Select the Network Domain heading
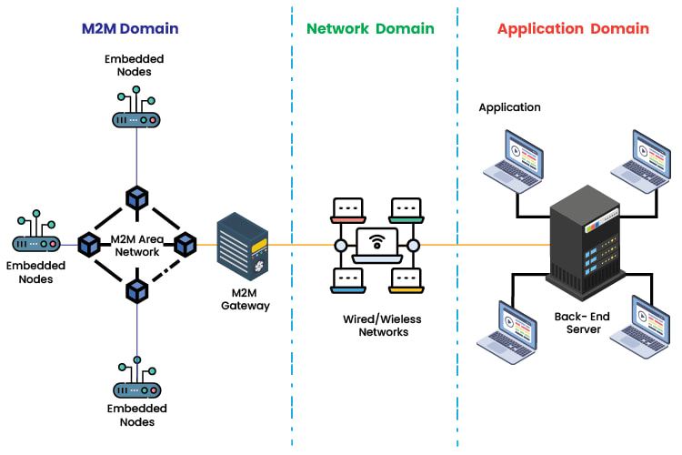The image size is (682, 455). pyautogui.click(x=370, y=28)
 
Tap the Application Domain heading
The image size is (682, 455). pyautogui.click(x=573, y=28)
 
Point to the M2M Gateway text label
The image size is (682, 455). pyautogui.click(x=246, y=299)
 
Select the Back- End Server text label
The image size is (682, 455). pyautogui.click(x=584, y=322)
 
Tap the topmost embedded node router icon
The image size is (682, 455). pyautogui.click(x=136, y=111)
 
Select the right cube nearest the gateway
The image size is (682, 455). pyautogui.click(x=185, y=244)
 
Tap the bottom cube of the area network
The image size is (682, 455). pyautogui.click(x=136, y=290)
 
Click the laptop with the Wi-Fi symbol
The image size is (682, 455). pyautogui.click(x=376, y=246)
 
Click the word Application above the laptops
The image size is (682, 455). pyautogui.click(x=509, y=107)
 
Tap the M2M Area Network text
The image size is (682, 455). pyautogui.click(x=136, y=245)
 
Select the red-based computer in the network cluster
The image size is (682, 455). pyautogui.click(x=348, y=210)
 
